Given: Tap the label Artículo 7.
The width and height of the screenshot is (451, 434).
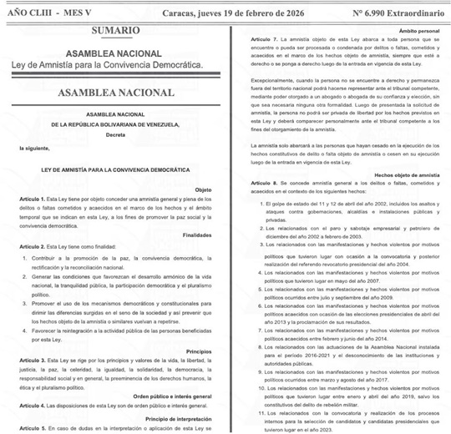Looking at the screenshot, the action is (x=265, y=40).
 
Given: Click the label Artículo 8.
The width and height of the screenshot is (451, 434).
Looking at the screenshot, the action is (x=265, y=180).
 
